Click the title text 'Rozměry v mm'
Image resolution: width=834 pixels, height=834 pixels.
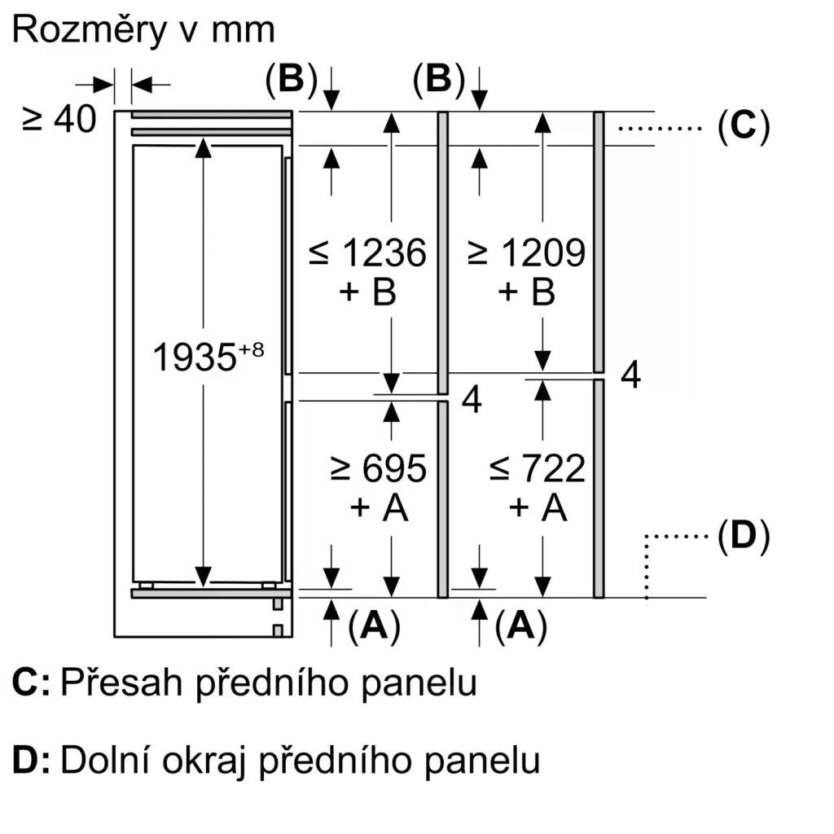tap(144, 30)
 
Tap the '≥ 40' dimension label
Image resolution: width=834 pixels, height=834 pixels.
tap(59, 120)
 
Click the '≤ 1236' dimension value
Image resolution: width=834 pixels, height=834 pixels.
tap(367, 253)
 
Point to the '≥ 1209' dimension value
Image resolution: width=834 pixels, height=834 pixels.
tap(526, 253)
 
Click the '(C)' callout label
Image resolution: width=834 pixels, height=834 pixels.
tap(744, 127)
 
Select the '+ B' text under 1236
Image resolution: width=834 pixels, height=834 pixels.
tap(367, 292)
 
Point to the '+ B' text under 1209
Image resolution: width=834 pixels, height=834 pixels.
tap(526, 292)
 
